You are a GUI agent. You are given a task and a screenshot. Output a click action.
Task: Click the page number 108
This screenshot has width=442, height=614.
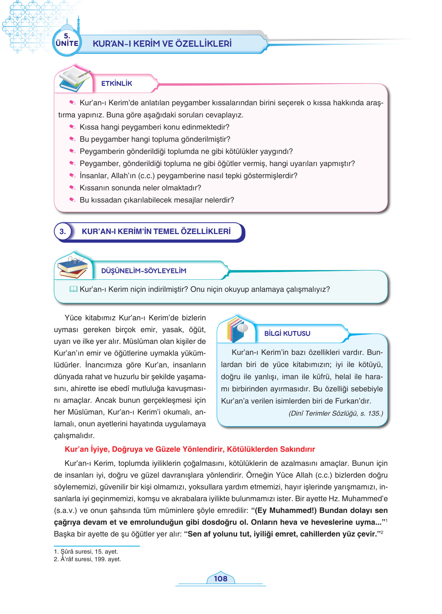click(220, 579)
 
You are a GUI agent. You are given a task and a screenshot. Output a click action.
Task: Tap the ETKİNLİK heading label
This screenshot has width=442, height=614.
click(117, 84)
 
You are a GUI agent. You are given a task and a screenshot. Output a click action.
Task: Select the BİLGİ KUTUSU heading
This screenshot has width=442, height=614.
click(287, 334)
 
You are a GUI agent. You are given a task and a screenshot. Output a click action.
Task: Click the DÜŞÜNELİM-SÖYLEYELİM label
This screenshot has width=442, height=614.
click(144, 271)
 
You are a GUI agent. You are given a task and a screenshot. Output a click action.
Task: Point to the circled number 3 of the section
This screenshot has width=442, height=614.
click(63, 231)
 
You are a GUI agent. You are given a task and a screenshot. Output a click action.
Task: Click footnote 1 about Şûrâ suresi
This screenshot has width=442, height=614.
click(86, 552)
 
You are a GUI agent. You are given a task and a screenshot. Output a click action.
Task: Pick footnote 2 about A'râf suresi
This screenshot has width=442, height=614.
click(87, 559)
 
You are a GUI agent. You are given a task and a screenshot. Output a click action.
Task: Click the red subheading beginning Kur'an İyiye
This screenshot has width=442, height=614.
click(190, 449)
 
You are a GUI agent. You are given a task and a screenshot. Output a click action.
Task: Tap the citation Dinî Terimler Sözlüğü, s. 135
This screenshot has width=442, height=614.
click(336, 413)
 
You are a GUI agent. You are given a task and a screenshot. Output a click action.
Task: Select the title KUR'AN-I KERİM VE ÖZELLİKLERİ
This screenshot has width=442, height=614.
click(162, 44)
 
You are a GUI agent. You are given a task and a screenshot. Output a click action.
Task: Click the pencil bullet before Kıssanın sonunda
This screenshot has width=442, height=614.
click(72, 188)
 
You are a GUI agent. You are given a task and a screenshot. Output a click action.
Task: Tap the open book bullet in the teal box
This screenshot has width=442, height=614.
click(73, 290)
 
